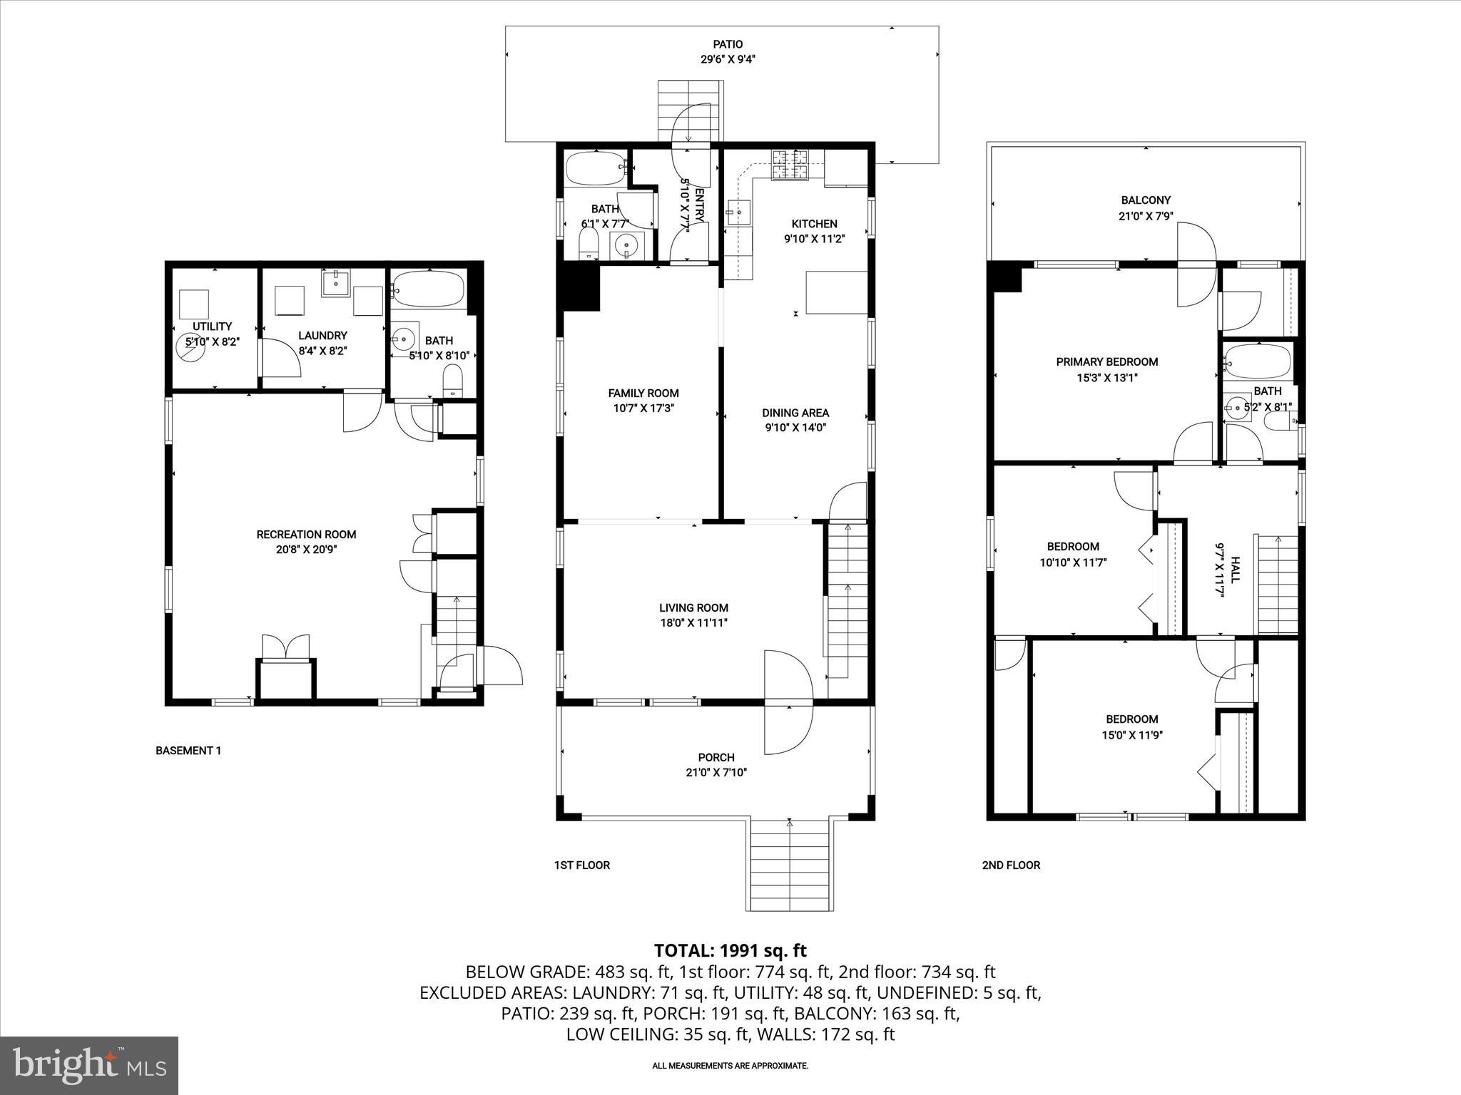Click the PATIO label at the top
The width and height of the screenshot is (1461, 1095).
(728, 44)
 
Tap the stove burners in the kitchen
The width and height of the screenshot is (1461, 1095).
(790, 165)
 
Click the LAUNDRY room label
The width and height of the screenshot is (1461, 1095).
(322, 336)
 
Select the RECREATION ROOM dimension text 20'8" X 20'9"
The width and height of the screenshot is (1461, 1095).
(306, 550)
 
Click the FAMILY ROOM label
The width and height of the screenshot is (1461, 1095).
(643, 393)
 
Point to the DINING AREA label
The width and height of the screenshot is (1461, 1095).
(795, 413)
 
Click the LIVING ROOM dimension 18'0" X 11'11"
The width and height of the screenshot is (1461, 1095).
(693, 623)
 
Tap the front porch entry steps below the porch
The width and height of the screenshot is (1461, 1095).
(790, 865)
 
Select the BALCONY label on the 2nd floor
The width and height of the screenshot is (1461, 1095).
(1146, 200)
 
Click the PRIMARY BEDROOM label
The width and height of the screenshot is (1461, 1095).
(1106, 362)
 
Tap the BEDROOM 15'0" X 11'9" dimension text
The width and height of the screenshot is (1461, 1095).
(1132, 735)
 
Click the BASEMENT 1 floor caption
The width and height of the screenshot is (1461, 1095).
(188, 751)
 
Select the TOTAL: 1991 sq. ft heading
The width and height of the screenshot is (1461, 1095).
(730, 950)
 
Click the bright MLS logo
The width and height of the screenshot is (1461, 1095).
(89, 1065)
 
